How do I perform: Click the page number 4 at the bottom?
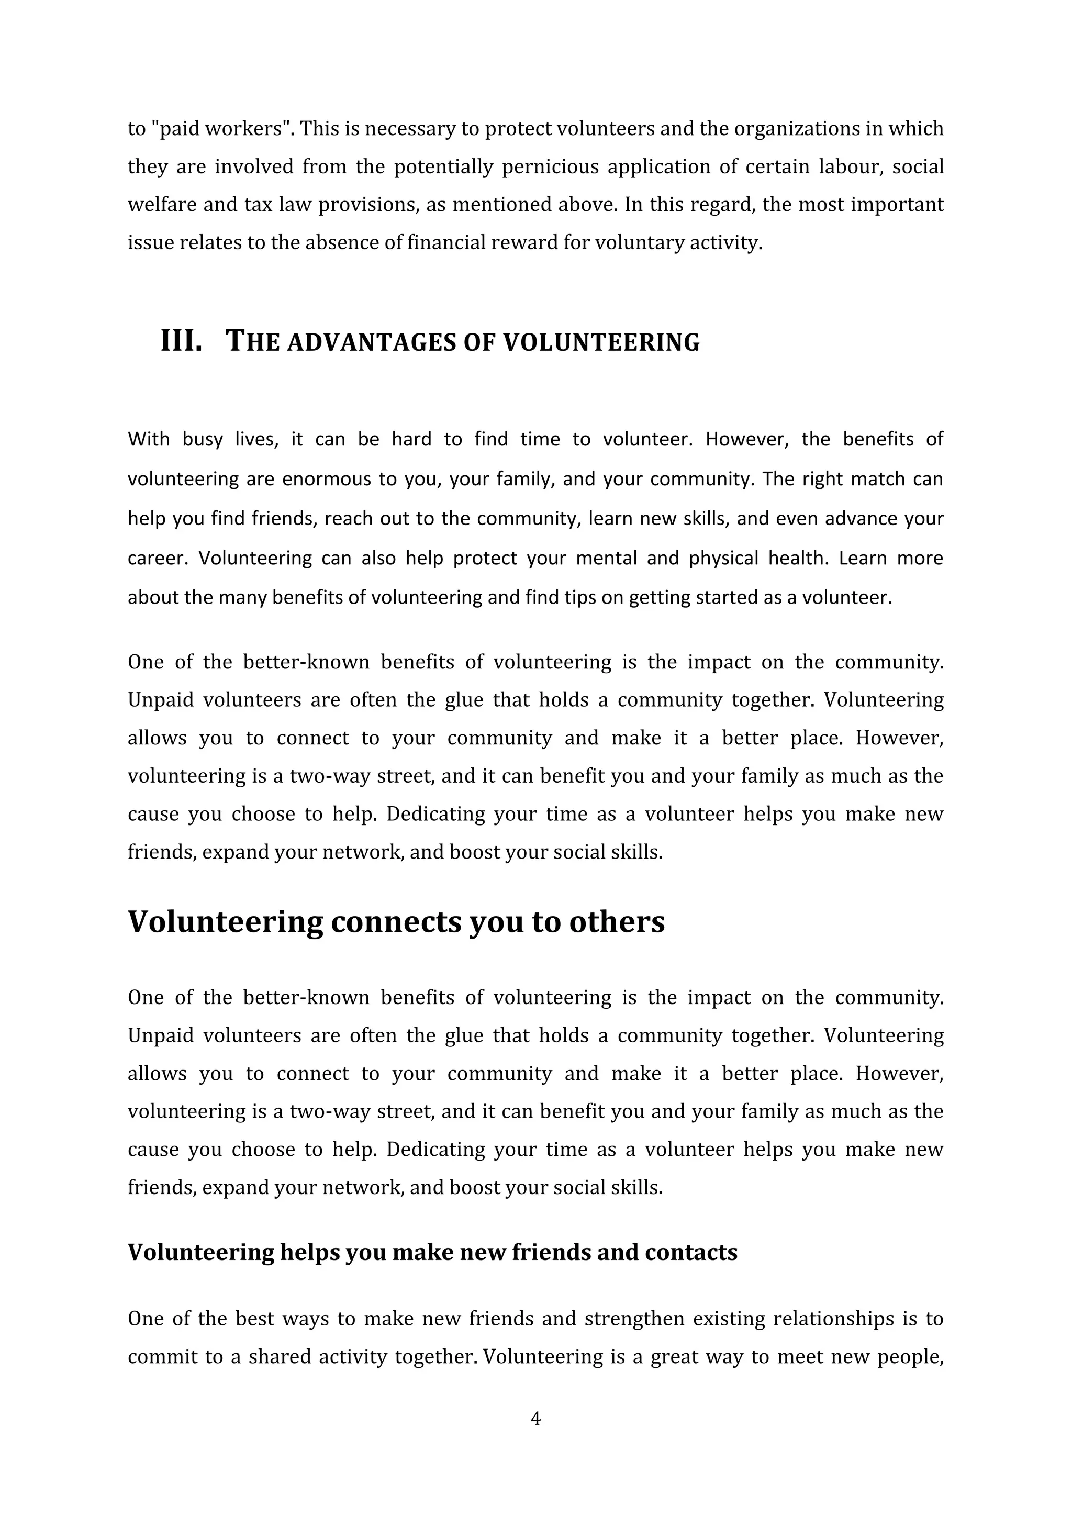[x=535, y=1418]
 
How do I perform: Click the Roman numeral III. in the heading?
[x=181, y=341]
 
